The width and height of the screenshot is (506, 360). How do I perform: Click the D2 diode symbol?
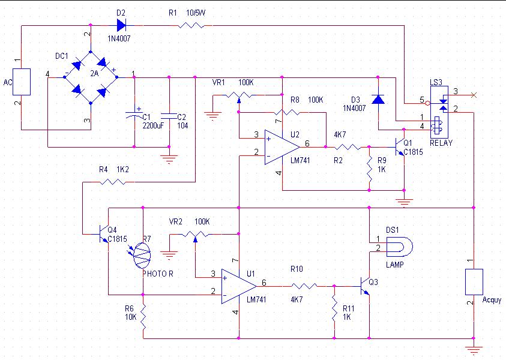pos(121,25)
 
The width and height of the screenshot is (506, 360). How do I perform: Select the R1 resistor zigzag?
pos(191,25)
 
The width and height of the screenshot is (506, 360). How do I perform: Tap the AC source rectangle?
pos(22,82)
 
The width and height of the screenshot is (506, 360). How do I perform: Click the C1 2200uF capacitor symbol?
pos(134,115)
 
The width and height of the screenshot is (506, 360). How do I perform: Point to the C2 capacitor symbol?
pos(169,116)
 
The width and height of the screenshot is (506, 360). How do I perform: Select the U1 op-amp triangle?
pos(239,286)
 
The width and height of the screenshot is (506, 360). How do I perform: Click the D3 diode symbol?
pos(378,99)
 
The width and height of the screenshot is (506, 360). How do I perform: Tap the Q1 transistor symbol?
pos(400,147)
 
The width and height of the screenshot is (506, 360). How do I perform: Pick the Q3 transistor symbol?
pos(365,286)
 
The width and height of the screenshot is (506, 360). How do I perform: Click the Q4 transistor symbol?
pos(104,234)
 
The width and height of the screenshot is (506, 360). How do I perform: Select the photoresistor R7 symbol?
pos(140,255)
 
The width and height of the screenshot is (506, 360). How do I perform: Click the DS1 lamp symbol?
pos(399,247)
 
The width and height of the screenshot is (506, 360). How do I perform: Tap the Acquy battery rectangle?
pos(474,282)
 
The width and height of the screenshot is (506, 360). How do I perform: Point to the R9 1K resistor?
pos(370,168)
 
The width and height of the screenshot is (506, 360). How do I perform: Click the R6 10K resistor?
pos(143,316)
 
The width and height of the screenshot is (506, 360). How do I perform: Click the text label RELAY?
pos(441,143)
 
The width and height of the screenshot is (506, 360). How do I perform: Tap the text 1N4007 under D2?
pos(119,39)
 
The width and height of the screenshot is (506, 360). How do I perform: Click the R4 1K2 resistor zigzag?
pos(113,182)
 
